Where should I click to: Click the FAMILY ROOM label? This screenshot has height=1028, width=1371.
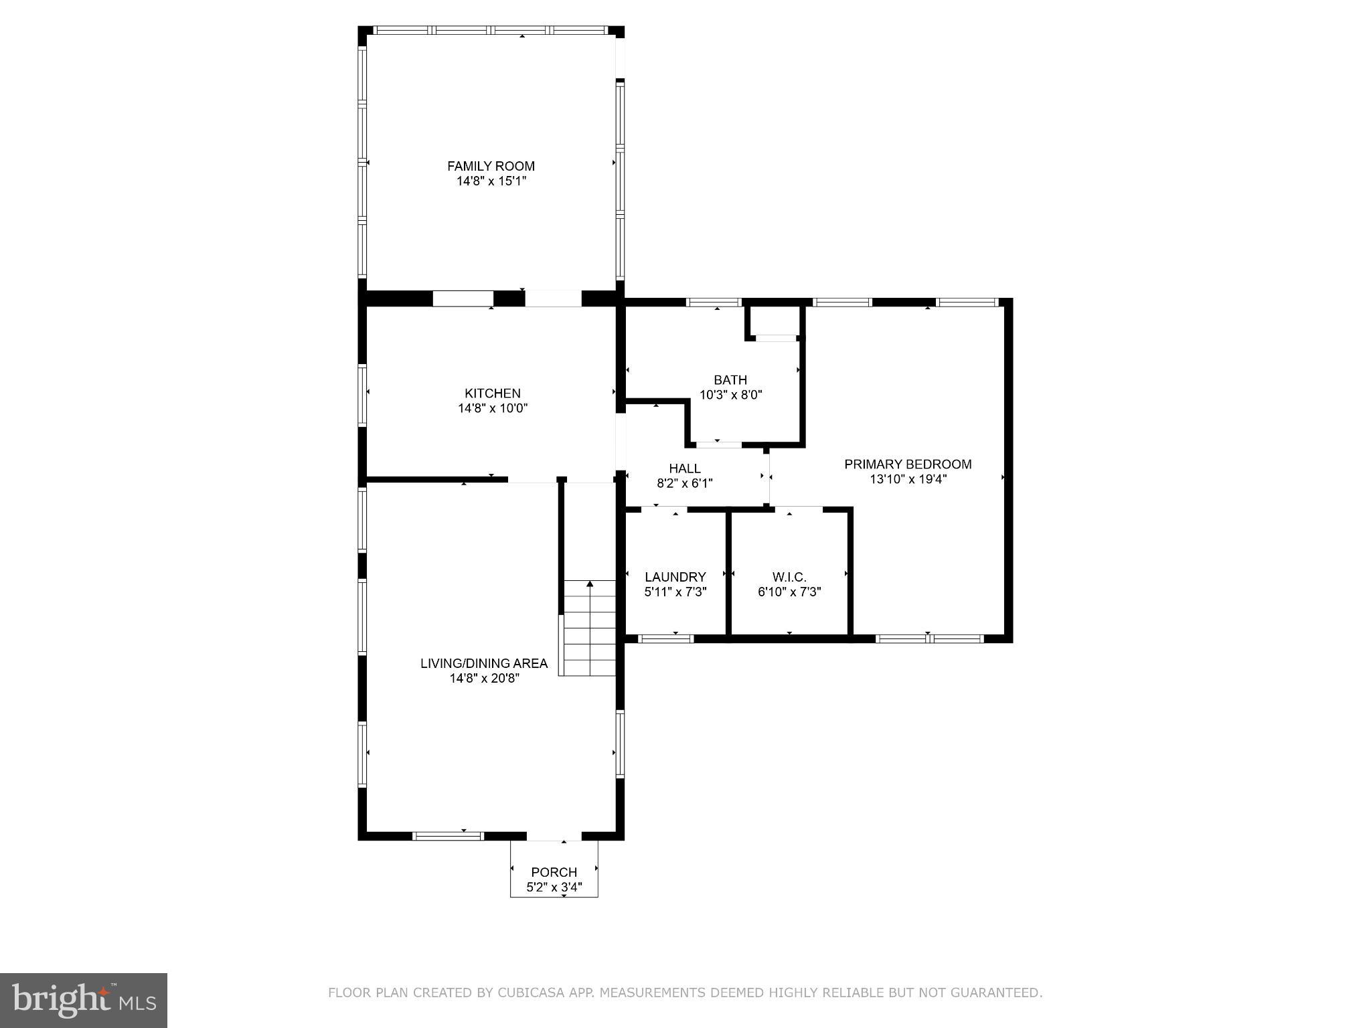coord(491,166)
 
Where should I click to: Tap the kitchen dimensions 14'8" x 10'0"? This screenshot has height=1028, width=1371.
coord(493,408)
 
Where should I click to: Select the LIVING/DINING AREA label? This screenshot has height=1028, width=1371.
coord(484,663)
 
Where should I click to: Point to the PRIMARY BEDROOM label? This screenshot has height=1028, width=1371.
coord(908,464)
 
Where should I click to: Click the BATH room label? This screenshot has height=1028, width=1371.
coord(730,379)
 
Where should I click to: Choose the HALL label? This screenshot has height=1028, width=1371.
coord(685,468)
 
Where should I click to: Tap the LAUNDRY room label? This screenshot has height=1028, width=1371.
coord(675,577)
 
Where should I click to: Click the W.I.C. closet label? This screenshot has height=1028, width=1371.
coord(789,577)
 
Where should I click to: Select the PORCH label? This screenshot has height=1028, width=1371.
coord(554,872)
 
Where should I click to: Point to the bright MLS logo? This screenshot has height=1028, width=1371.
coord(84,1000)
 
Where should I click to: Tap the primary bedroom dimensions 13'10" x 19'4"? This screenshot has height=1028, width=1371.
coord(908,479)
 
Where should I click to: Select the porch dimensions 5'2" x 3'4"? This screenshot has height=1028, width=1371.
coord(554,888)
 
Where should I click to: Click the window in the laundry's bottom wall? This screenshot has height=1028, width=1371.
coord(665,638)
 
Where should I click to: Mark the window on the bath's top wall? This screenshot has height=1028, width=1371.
coord(715,303)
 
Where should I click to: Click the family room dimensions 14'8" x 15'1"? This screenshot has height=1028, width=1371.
coord(491,181)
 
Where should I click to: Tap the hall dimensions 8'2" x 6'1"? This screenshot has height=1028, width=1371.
coord(685,483)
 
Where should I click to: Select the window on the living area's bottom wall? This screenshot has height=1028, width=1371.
coord(448,835)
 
